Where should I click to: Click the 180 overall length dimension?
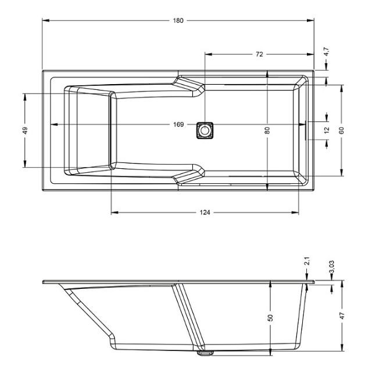[178, 20]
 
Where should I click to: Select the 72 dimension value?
[259, 54]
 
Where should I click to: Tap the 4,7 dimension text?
[327, 52]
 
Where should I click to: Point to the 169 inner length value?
[178, 124]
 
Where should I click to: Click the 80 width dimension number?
[267, 131]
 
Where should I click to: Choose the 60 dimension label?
[341, 131]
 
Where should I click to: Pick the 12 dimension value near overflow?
[327, 130]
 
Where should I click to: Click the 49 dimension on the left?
[25, 131]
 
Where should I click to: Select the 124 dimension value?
[205, 212]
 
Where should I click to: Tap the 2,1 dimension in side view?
[307, 261]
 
